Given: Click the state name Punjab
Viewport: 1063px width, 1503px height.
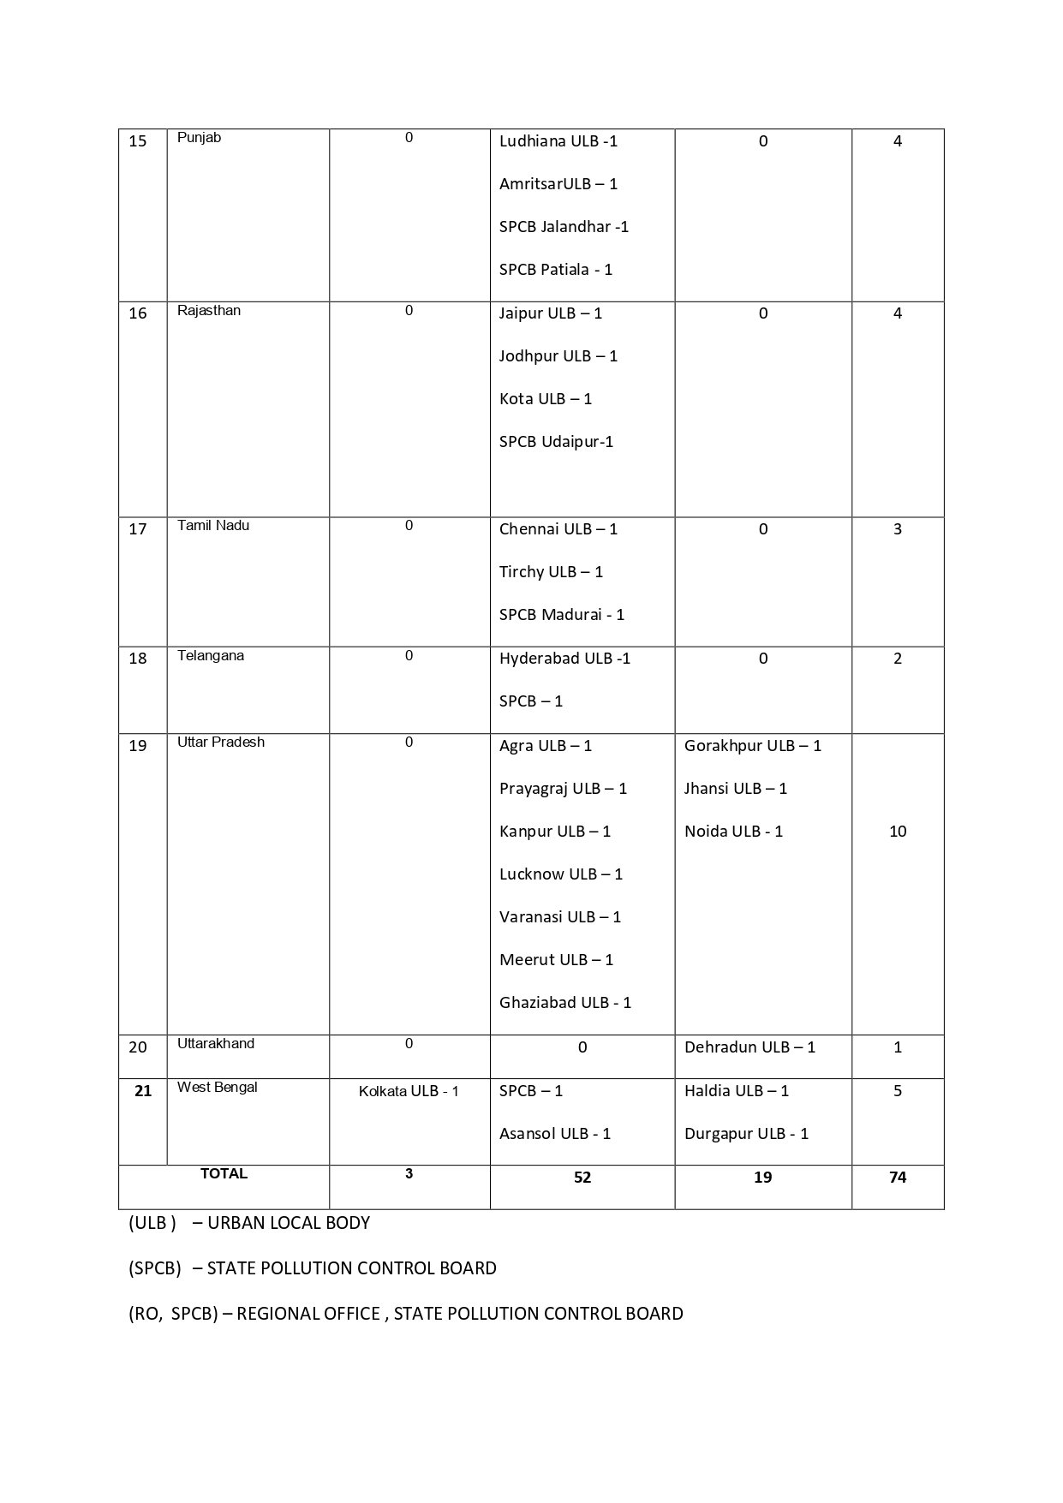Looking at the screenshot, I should [x=199, y=138].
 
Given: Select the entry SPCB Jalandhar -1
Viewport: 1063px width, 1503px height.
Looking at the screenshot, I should [x=564, y=227].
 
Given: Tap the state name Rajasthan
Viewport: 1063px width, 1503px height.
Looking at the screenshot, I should [x=209, y=311].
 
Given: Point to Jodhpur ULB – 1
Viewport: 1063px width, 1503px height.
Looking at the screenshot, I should [x=558, y=356].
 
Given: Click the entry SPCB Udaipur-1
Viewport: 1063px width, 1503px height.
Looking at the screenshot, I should [x=556, y=442].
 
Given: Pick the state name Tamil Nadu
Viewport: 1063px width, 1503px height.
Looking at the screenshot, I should [x=213, y=526].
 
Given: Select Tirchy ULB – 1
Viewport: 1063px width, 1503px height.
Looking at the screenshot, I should [x=551, y=572].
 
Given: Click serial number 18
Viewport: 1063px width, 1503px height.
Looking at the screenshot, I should [x=138, y=659].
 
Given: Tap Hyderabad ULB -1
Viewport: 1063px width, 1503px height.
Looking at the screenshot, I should [x=564, y=659].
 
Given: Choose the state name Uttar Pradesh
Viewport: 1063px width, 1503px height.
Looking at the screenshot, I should [x=221, y=743].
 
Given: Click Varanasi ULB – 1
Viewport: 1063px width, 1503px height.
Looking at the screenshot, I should [x=560, y=917].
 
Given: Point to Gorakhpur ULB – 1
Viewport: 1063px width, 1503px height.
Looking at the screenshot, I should [x=752, y=746].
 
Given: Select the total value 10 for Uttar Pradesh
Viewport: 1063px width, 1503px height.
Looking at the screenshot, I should [x=898, y=832].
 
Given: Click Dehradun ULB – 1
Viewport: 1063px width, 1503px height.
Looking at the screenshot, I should [x=749, y=1047].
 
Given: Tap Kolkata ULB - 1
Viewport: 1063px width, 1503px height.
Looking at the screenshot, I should [x=409, y=1092].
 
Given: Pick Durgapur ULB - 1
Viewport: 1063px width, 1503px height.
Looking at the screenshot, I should [x=746, y=1134].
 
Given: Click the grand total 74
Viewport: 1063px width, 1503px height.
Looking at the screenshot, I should [x=898, y=1178].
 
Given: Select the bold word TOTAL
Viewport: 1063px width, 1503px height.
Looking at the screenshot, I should [x=224, y=1174].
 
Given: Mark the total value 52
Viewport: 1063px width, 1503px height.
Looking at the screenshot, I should [x=582, y=1178].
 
